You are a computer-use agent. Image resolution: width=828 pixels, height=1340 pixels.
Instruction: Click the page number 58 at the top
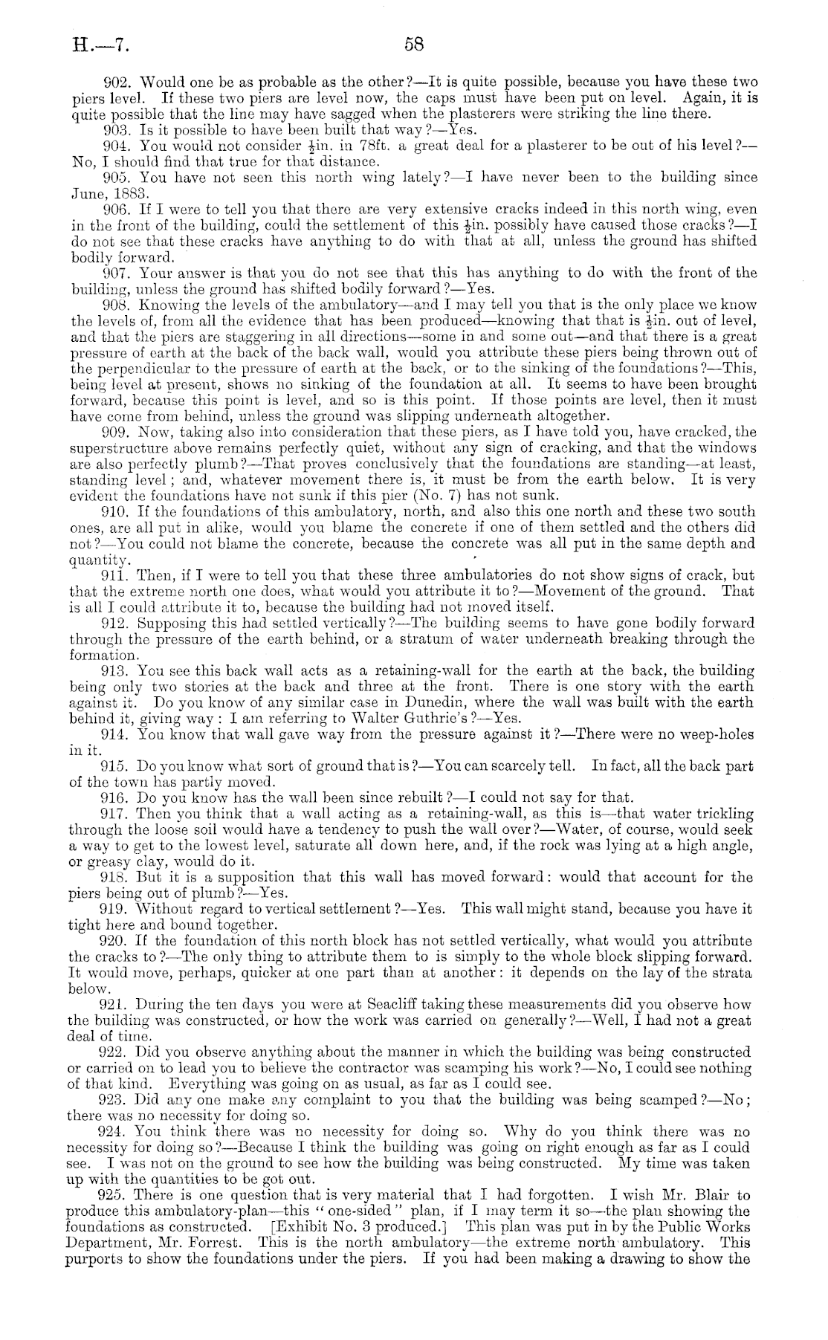click(x=413, y=44)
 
